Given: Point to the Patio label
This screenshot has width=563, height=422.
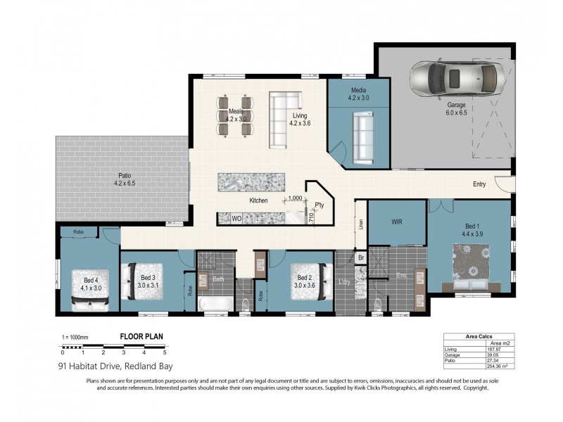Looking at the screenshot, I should point(124,179).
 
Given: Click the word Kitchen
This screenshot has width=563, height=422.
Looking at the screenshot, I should point(258,201).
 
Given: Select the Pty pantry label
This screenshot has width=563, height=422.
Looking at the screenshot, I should point(319,205).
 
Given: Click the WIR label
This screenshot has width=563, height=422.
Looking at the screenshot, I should point(396,222).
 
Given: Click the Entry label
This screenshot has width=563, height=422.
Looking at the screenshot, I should point(479,184).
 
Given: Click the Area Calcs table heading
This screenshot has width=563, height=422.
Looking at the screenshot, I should point(479,336).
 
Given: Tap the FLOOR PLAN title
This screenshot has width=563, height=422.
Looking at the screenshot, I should point(142,337).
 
